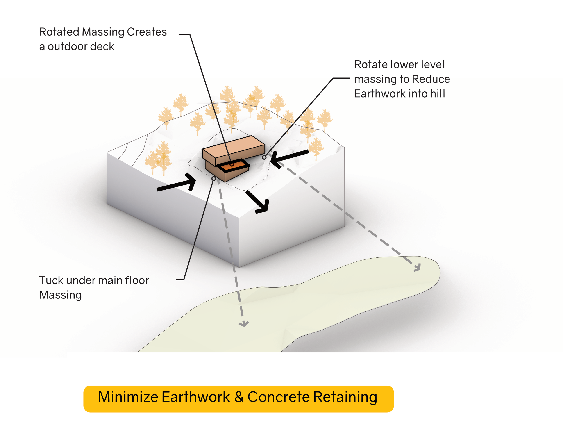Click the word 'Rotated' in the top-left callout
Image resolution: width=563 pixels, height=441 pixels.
point(59,32)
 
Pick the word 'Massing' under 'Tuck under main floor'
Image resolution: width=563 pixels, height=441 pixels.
point(60,295)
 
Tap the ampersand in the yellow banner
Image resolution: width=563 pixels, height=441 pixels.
point(239,397)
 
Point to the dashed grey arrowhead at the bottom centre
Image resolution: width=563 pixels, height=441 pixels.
point(244,324)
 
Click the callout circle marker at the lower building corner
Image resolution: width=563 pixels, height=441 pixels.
point(214,179)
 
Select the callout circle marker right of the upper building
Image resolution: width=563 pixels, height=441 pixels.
point(264,157)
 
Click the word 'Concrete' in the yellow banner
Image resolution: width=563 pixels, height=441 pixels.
point(278,397)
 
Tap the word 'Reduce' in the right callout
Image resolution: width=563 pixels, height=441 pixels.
point(431,79)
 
